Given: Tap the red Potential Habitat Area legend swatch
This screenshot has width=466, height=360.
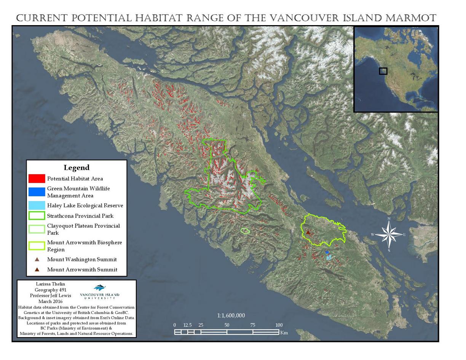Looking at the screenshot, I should click(x=37, y=178).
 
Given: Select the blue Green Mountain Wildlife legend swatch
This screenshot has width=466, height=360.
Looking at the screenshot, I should click(x=37, y=192).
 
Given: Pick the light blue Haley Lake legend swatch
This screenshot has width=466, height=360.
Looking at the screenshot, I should click(x=37, y=205).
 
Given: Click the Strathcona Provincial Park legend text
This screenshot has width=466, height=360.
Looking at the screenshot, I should click(x=80, y=216).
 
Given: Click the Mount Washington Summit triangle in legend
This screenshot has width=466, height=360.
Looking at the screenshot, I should click(x=37, y=260).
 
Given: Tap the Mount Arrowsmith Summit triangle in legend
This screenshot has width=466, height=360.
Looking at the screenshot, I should click(x=37, y=269).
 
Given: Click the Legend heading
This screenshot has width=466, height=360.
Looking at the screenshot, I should click(x=77, y=167).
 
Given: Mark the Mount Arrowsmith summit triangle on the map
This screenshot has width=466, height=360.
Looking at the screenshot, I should click(x=308, y=232).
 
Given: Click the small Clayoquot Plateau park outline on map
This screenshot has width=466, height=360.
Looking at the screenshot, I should click(x=245, y=231).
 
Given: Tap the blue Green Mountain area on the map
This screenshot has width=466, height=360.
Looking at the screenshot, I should click(x=327, y=252).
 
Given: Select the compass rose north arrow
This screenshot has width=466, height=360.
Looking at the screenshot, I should click(x=389, y=224).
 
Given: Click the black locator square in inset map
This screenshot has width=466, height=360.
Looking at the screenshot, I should click(x=383, y=71).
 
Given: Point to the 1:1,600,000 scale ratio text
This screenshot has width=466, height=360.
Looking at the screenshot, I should click(x=231, y=315).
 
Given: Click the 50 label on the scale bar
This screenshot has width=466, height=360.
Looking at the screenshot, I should click(x=227, y=325).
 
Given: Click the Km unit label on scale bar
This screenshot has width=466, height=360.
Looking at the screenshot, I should click(x=284, y=333).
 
